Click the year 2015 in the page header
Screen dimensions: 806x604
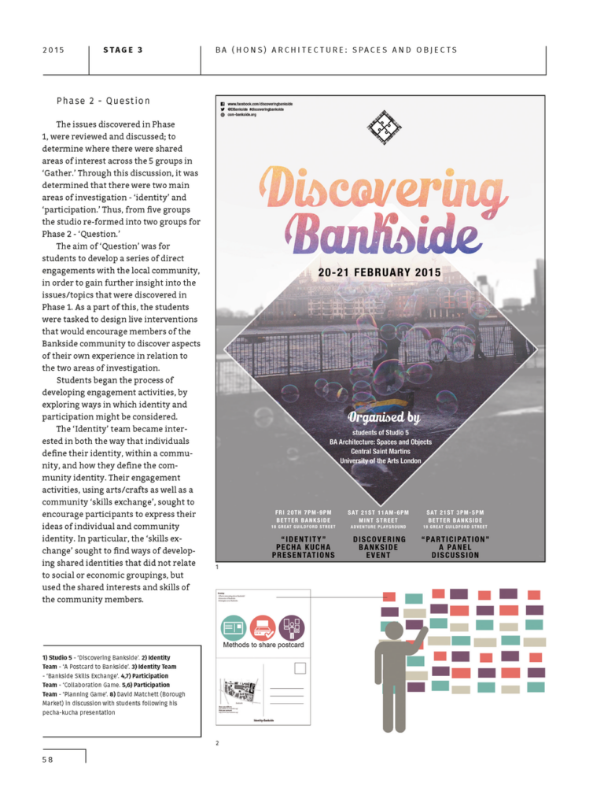53,50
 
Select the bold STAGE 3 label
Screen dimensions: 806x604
123,50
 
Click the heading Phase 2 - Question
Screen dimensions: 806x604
103,101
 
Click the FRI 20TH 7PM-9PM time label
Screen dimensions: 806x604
304,512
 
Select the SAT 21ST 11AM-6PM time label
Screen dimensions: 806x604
378,512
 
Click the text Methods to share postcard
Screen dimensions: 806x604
263,645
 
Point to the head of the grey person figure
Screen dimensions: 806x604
394,630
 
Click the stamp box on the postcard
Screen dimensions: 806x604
300,668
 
